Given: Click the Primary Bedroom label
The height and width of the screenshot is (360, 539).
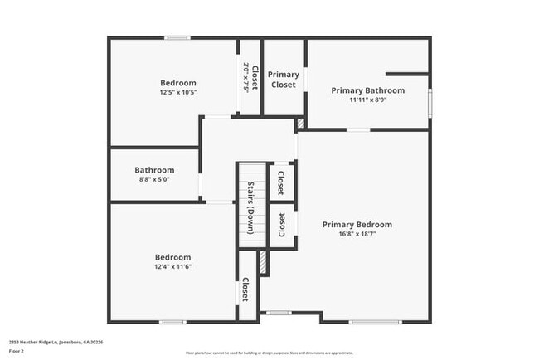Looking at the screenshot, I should (357, 225).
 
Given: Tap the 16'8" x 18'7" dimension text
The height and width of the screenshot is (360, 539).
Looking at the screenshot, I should (357, 234).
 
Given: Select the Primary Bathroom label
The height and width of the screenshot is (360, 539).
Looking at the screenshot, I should (368, 90).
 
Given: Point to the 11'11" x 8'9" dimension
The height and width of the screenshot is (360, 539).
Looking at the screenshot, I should (368, 100).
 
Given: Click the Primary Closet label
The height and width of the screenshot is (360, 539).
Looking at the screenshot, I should (284, 80).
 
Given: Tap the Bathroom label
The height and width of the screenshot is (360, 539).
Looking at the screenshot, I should (155, 170).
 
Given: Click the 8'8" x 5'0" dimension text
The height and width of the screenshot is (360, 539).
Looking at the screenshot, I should (155, 179).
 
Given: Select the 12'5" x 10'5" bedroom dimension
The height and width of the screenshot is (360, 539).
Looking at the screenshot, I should (177, 92).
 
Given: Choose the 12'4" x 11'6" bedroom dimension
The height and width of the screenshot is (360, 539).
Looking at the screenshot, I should (172, 266).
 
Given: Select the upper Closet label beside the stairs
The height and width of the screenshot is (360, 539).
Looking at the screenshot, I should (280, 182).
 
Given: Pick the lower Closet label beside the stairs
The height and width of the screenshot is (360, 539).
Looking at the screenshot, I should (282, 225).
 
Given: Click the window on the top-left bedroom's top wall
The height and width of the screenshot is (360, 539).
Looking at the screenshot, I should (177, 37).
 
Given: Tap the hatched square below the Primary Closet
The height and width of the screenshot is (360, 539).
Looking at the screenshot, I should (300, 123).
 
